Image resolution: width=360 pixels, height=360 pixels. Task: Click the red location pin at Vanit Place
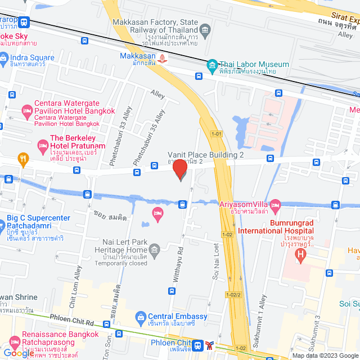pos(180,169)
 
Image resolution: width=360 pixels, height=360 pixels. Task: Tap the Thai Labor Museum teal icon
pos(212,65)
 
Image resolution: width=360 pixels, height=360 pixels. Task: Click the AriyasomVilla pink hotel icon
pos(275,204)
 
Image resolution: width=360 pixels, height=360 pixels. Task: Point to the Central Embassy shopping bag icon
pos(140,317)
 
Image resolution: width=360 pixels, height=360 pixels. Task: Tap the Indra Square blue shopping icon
pos(4,57)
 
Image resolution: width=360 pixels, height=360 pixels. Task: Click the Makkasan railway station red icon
pos(163,58)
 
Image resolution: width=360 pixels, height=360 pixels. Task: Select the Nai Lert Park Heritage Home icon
pos(155,248)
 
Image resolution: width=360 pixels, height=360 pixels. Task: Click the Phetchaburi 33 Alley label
pos(120,136)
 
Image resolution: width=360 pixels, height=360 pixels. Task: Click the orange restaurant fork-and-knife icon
pos(23,158)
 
